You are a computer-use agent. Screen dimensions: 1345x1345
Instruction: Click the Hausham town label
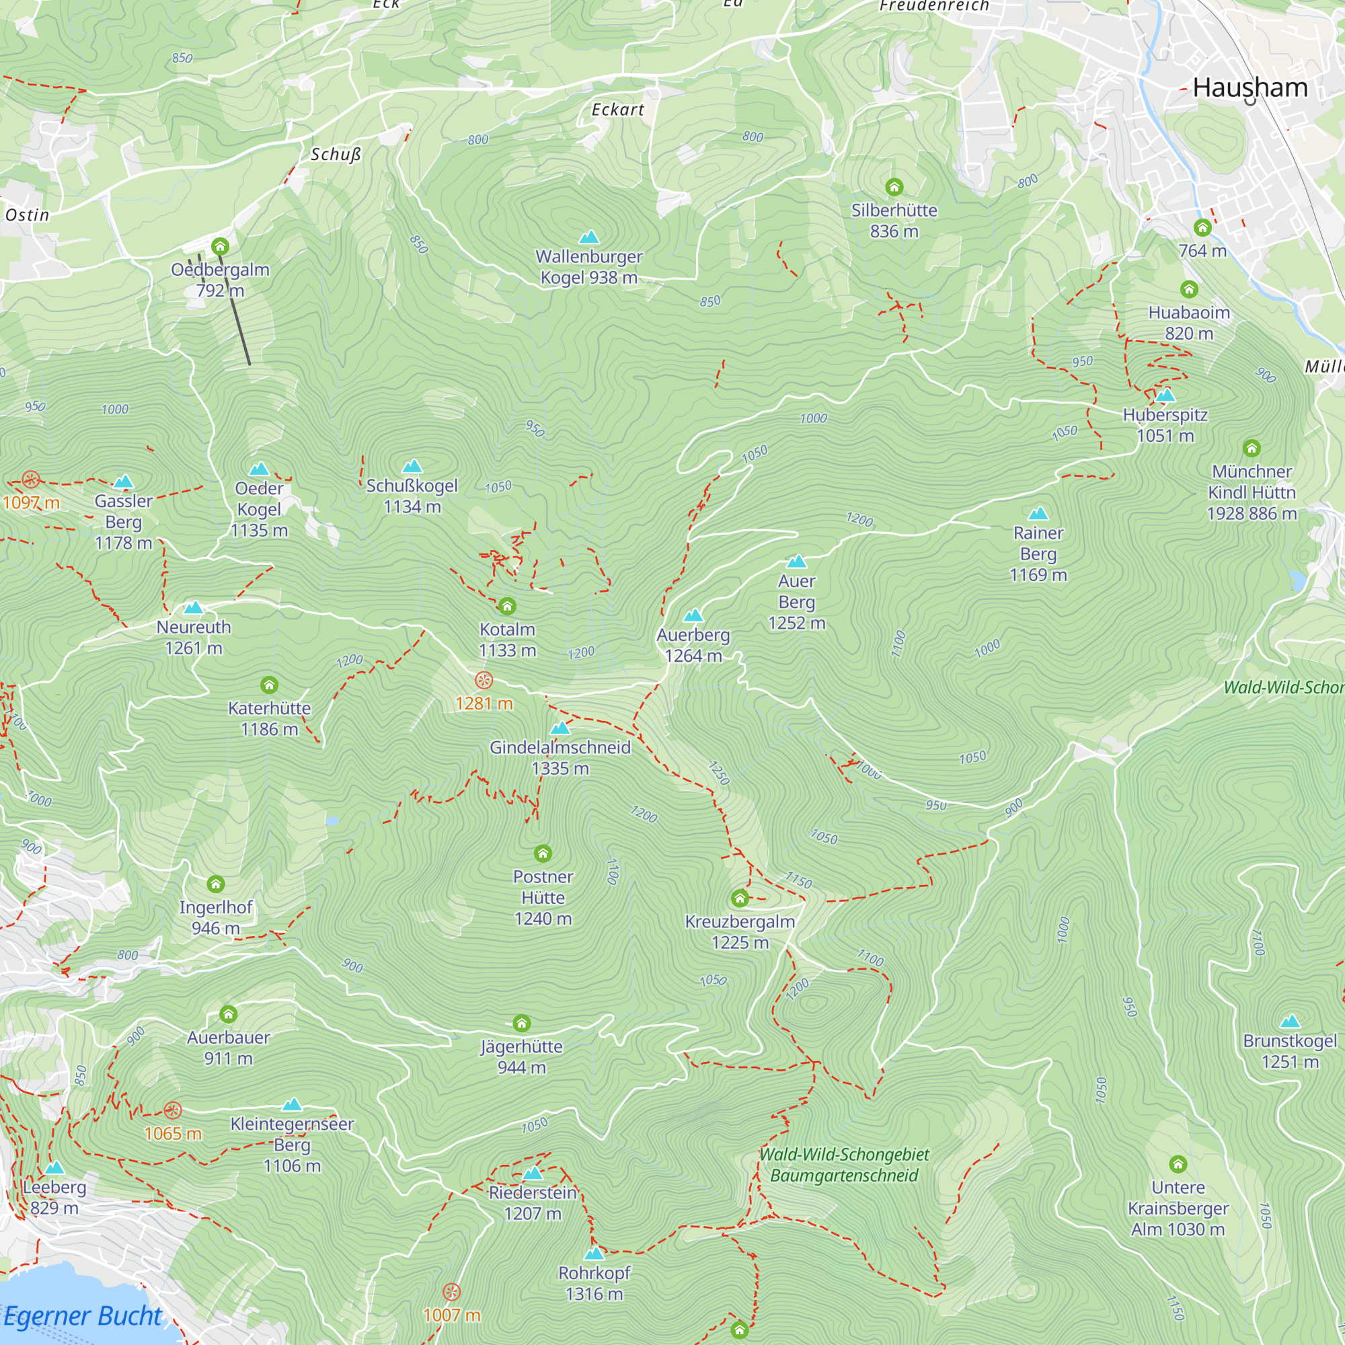click(x=1250, y=87)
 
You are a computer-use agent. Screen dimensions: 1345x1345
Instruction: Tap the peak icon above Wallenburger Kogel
click(x=589, y=237)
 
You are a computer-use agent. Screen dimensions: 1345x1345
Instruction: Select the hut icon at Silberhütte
click(x=894, y=186)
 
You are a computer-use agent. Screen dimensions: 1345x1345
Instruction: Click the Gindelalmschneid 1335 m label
click(x=560, y=757)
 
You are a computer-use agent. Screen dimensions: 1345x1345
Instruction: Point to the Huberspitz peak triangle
click(x=1165, y=396)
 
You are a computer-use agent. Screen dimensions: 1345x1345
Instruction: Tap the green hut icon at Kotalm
click(x=507, y=607)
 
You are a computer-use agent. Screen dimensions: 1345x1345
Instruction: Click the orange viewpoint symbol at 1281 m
click(x=484, y=680)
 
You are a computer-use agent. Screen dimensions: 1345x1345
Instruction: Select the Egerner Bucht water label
click(x=82, y=1316)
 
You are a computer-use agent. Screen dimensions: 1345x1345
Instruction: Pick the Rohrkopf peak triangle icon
click(x=594, y=1254)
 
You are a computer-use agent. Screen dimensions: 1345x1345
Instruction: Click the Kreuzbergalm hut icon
click(x=739, y=898)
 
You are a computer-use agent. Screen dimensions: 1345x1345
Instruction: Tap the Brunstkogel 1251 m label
click(x=1289, y=1051)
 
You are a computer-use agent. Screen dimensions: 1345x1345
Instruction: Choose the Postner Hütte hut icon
click(x=542, y=853)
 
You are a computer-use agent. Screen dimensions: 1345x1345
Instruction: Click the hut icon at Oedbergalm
click(x=220, y=246)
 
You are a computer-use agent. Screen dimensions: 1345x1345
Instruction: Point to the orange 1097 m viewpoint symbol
click(x=31, y=479)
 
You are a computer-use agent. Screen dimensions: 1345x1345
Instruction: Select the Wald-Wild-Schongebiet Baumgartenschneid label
click(x=844, y=1165)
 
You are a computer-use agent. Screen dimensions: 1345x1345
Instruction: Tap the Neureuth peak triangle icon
click(x=193, y=608)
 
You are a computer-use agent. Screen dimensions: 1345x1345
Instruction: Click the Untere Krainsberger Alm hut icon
click(x=1178, y=1164)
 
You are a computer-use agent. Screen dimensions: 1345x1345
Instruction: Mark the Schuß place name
click(x=336, y=155)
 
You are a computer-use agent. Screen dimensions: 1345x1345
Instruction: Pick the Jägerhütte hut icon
click(x=521, y=1024)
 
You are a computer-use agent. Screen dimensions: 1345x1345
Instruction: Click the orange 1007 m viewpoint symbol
click(x=451, y=1293)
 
